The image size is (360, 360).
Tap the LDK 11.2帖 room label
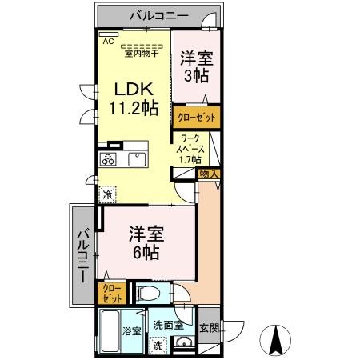pos(127,97)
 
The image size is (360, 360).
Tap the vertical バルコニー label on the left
pos(82,256)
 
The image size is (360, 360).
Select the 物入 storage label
pos(208,174)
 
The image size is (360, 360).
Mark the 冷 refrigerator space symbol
pos(107,194)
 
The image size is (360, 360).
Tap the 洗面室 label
pos(169,325)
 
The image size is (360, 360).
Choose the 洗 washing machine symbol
pos(158,346)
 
